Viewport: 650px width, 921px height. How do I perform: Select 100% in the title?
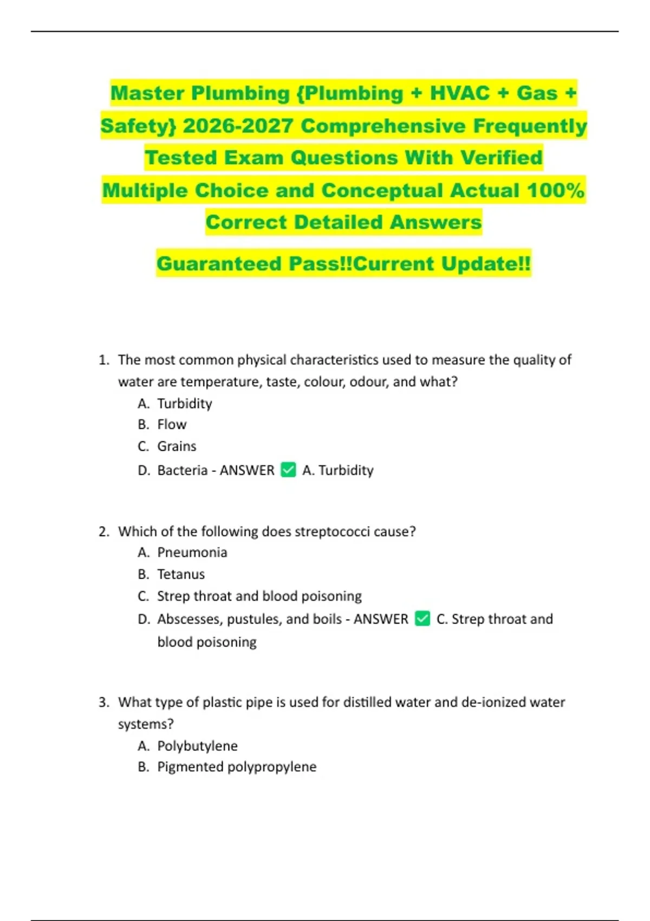tap(556, 190)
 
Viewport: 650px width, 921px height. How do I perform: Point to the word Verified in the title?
tap(501, 158)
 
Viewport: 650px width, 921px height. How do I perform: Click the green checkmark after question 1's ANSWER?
tap(288, 470)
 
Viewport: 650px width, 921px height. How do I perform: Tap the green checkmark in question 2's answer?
tap(422, 619)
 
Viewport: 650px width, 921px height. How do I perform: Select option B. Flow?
tap(171, 425)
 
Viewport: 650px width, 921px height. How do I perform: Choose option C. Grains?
tap(176, 446)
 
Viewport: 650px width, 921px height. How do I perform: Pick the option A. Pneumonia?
tap(192, 553)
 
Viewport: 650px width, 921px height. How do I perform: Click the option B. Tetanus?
tap(180, 574)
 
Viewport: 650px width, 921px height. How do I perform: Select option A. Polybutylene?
tap(197, 746)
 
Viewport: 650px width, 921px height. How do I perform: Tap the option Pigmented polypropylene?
tap(237, 767)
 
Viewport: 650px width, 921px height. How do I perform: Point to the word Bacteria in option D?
tap(182, 470)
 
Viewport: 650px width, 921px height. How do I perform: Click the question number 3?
tap(104, 703)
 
